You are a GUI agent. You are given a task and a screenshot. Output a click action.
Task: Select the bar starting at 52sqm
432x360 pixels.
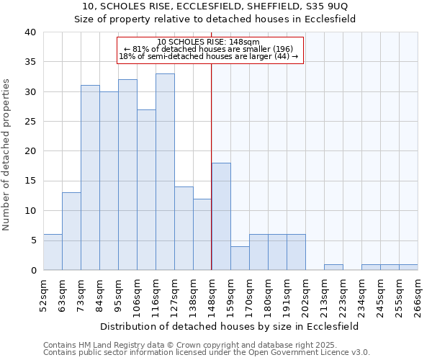(53, 252)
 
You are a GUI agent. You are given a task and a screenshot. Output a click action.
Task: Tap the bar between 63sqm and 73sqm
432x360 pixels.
(71, 231)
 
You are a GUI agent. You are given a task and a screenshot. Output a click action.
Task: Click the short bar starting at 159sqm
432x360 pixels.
(240, 258)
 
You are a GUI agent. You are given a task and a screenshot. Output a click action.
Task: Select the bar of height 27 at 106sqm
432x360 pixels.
(146, 189)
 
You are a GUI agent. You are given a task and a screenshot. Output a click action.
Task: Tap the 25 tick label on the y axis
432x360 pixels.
(30, 122)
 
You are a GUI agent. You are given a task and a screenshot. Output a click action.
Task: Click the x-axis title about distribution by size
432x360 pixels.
(230, 326)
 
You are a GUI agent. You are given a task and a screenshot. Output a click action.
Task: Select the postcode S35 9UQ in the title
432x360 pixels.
(330, 6)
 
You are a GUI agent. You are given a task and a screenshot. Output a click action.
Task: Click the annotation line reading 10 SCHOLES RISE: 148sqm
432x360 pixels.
(208, 42)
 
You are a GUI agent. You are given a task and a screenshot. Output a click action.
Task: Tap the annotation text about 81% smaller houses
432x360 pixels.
(208, 49)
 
